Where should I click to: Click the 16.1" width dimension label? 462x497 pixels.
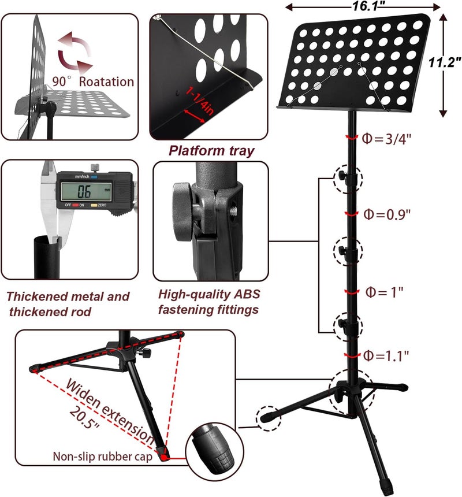coord(366,6)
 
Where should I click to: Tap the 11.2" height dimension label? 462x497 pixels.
coord(444,62)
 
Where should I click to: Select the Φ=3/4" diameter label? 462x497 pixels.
coord(386,139)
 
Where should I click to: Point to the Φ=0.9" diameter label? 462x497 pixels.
coord(386,214)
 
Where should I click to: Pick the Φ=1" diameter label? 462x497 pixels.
coord(384,292)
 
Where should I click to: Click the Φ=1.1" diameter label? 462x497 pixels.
coord(386,355)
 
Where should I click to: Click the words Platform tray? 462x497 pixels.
coord(211,150)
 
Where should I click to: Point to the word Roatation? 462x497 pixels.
coord(106,81)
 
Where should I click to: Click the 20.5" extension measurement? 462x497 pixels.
coord(84,417)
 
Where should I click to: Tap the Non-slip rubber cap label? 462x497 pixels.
coord(103,457)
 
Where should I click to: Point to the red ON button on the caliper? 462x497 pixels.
coord(76,205)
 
